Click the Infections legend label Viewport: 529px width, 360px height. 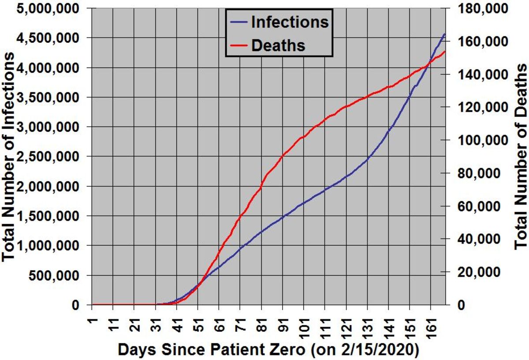[290, 22]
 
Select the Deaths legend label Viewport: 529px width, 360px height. [278, 45]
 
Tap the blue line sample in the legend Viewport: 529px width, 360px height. [238, 22]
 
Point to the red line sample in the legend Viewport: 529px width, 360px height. [238, 45]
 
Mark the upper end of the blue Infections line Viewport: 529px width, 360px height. [444, 34]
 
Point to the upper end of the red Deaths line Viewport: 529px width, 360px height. [445, 52]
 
